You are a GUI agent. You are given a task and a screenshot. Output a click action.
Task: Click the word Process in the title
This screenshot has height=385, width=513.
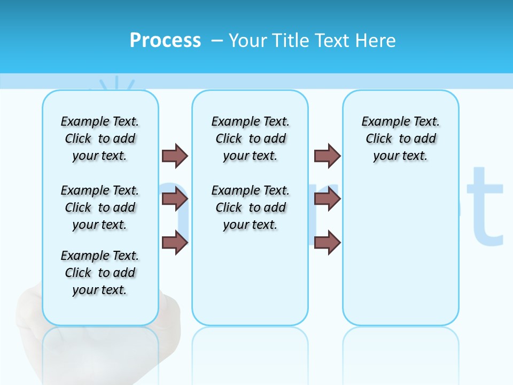coord(165,40)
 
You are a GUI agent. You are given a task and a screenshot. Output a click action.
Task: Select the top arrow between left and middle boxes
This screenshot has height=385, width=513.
coord(175,156)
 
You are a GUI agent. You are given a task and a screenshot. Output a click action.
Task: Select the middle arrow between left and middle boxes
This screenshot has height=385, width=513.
coord(175,199)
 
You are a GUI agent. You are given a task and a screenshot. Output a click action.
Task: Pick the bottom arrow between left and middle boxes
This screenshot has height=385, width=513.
coord(175,242)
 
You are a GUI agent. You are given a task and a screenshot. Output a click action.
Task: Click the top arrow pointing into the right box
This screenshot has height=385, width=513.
coord(327,156)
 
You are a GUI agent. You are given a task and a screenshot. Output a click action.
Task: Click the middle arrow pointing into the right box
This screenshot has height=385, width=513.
coord(327,199)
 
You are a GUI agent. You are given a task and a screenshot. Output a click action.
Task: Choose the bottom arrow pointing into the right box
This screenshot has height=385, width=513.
coord(327,242)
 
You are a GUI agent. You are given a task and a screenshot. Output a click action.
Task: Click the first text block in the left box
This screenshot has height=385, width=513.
coord(100,138)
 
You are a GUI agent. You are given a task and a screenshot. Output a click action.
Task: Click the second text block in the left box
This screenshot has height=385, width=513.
coord(100,207)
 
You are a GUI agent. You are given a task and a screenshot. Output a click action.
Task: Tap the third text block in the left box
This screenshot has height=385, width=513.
coord(100,273)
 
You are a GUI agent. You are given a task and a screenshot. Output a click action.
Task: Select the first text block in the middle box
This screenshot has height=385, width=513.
coord(251,138)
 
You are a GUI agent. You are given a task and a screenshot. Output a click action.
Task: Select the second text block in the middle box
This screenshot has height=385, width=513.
coord(251,207)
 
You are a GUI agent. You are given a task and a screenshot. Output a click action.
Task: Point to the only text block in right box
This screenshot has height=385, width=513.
coord(401,138)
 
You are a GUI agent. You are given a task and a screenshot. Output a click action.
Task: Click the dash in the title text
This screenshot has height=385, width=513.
coord(217,41)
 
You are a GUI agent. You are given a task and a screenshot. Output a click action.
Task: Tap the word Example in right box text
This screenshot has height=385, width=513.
coord(380,122)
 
